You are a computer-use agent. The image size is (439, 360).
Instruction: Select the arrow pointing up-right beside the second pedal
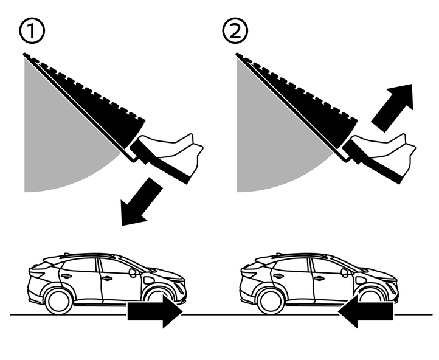[x=392, y=106]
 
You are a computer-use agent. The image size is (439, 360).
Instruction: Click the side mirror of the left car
[x=132, y=272]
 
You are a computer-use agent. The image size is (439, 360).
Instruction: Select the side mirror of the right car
[x=345, y=272]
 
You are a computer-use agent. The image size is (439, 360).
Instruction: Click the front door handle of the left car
[x=107, y=279]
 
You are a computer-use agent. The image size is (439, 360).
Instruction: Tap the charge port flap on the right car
[x=360, y=280]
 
